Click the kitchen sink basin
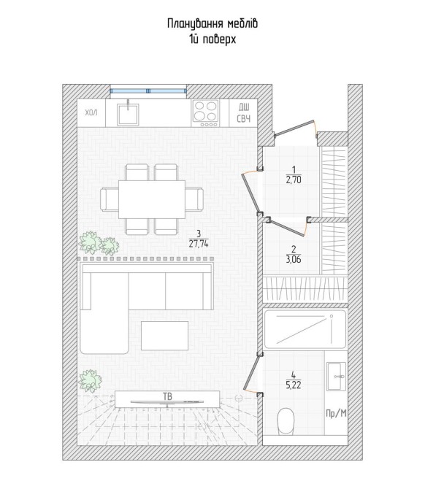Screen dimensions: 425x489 coord(128,114)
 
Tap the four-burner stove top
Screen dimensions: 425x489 coord(205,113)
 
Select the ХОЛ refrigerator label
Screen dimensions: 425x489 coord(91,112)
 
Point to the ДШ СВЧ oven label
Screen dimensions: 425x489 coord(244,113)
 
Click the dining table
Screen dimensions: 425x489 coord(152,199)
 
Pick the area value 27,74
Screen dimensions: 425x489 coord(199,244)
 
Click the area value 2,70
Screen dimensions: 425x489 coord(294,180)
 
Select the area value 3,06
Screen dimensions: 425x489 coord(294,259)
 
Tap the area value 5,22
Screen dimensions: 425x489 coord(294,385)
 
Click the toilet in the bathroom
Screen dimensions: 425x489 coord(286,421)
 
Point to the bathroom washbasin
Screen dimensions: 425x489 coord(336,376)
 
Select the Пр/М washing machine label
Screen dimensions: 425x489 coord(336,414)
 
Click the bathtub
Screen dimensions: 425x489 coord(305,329)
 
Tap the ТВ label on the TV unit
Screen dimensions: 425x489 coord(167,396)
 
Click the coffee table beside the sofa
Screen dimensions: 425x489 coord(165,336)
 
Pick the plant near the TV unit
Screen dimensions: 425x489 coord(90,381)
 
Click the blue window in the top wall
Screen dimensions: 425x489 coord(148,91)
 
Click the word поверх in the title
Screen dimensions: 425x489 coord(219,39)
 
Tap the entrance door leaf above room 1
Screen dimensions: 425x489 coord(294,128)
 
